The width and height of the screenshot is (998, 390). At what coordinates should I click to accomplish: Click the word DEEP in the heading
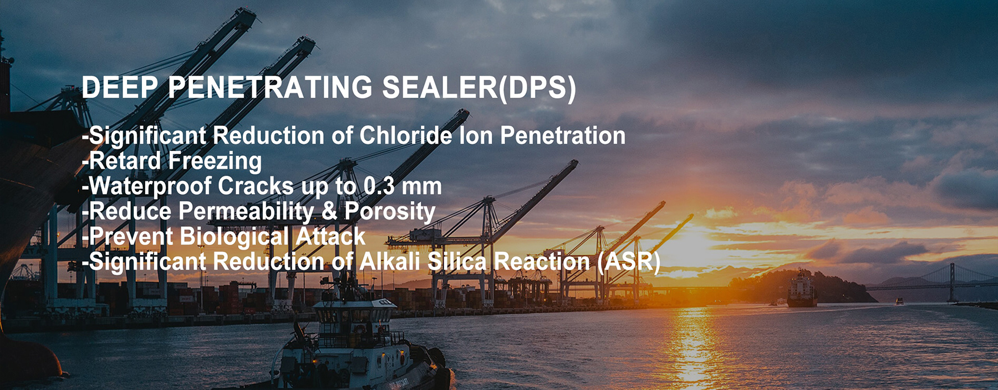[120, 88]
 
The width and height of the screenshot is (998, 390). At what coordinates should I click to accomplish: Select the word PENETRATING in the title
[270, 88]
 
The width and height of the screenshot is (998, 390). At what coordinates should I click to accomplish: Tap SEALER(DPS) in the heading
[479, 88]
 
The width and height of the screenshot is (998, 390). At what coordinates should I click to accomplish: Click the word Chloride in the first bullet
[405, 135]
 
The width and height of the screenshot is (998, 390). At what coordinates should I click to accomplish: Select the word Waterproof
[150, 186]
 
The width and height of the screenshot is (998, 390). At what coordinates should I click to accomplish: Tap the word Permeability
[246, 212]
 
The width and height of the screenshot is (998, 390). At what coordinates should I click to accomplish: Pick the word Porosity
[390, 212]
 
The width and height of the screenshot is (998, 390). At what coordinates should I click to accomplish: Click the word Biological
[234, 237]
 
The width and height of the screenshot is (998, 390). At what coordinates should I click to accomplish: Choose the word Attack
[330, 237]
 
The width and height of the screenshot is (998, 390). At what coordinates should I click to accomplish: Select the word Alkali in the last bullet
[390, 262]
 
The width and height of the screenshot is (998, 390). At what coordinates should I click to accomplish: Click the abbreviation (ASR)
[629, 262]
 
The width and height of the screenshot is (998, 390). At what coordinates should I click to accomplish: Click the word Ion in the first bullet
[476, 135]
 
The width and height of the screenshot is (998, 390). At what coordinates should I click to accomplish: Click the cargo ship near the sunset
[802, 289]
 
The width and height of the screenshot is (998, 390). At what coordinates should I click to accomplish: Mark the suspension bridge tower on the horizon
[951, 282]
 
